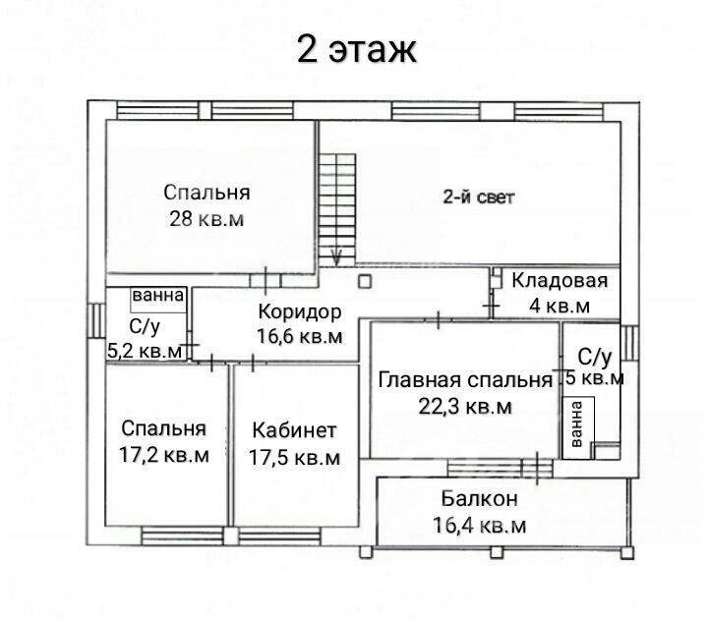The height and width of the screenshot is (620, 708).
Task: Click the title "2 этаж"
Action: [x=357, y=49]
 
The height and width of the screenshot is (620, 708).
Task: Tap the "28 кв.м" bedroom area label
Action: [x=206, y=219]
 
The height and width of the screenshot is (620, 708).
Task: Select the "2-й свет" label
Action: [x=479, y=197]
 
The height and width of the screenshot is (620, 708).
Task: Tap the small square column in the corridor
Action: [x=365, y=282]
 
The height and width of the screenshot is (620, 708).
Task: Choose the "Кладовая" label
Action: [x=560, y=281]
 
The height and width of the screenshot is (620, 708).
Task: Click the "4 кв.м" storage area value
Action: [x=560, y=306]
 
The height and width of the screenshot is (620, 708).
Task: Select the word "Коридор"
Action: [x=300, y=311]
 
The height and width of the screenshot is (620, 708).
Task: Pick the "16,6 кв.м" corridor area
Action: [x=300, y=337]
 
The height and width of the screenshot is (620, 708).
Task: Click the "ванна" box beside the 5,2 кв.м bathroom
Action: [x=158, y=299]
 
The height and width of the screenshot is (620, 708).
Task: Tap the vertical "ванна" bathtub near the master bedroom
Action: [x=578, y=428]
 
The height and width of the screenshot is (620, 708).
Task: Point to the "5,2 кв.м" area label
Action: [x=145, y=351]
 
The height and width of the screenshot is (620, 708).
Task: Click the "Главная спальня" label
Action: [x=465, y=380]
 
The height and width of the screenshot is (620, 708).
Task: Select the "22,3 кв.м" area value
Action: [x=465, y=407]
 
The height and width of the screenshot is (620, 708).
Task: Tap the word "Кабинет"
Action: [x=294, y=430]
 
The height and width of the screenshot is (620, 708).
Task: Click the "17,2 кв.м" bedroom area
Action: [x=164, y=455]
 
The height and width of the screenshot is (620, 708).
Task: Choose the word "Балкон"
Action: [x=480, y=499]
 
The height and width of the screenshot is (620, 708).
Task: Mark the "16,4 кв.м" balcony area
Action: [x=480, y=526]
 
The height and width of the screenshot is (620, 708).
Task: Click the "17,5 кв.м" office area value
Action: [x=294, y=458]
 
